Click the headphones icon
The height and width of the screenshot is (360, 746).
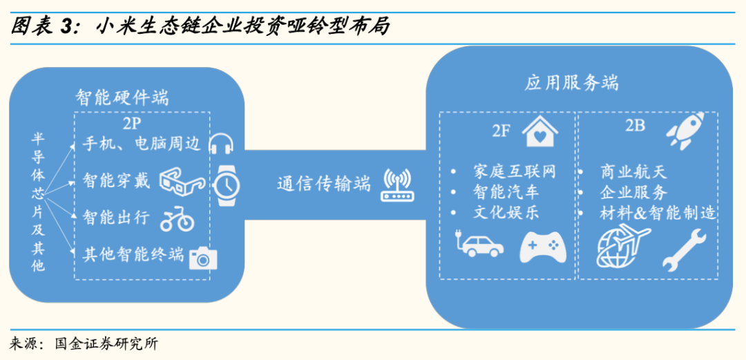click(x=221, y=144)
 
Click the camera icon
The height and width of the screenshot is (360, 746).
click(x=203, y=257)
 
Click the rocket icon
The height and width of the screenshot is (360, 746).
click(x=685, y=130)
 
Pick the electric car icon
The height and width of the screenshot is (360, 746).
click(x=476, y=247)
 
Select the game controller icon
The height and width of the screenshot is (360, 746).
click(x=542, y=247)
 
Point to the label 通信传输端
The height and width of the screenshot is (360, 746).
click(x=324, y=184)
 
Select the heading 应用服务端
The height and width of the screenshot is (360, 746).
click(x=571, y=83)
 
